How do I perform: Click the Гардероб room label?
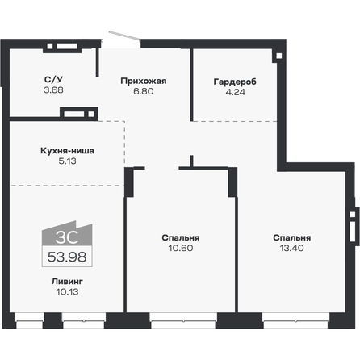[232, 80]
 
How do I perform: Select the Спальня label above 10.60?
[180, 238]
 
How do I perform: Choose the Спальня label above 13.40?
[291, 238]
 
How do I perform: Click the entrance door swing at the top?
[125, 37]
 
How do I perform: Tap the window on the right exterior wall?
[353, 229]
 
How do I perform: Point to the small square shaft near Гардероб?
[277, 56]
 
